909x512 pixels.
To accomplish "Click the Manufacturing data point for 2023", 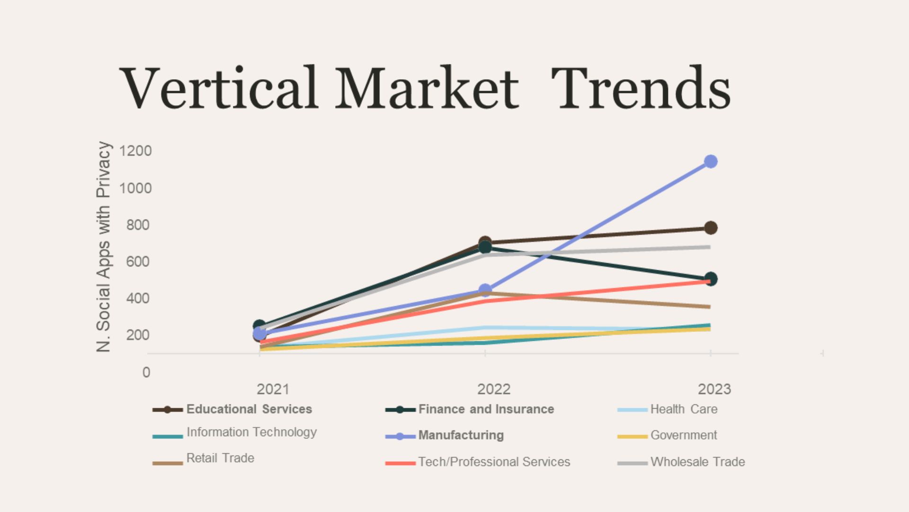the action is (710, 162).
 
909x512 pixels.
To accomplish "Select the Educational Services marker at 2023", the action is (710, 228).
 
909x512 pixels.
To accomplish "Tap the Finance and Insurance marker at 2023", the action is (710, 279).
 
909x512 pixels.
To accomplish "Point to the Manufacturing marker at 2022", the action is (485, 290).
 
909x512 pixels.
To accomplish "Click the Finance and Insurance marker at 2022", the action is (485, 247).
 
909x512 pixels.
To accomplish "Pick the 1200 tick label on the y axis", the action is (135, 151).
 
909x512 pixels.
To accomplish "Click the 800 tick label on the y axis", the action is (138, 225).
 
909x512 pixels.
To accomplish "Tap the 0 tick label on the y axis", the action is (146, 372).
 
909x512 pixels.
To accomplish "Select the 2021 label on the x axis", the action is (273, 389).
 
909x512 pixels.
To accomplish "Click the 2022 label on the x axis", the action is (494, 389).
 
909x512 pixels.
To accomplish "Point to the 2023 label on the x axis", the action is (714, 389).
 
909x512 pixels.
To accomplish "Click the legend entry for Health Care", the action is (668, 409).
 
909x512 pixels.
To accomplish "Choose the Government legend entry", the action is (668, 435).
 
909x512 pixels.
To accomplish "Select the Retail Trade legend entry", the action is (204, 458).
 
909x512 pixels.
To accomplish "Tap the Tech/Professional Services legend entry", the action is (478, 462).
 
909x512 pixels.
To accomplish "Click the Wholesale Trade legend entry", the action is (681, 462).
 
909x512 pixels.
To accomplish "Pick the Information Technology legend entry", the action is (235, 432).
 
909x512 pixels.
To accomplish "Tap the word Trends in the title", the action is (642, 88).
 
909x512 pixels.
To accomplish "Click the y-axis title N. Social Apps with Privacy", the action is (103, 247).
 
